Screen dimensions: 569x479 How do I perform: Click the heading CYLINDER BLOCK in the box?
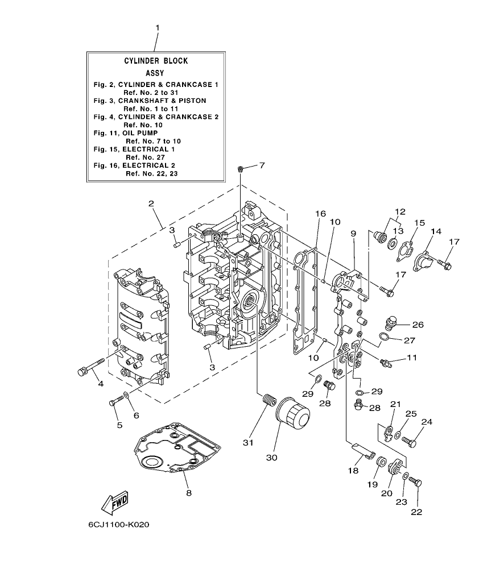[x=156, y=61]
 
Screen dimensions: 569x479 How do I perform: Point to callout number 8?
[x=188, y=493]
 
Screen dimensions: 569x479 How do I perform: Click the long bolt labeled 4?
[x=89, y=368]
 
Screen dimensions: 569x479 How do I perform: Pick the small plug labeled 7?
[x=241, y=169]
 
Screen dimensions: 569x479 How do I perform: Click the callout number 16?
[x=320, y=214]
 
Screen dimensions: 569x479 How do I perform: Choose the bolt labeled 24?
[x=411, y=439]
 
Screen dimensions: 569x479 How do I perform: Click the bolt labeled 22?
[x=416, y=483]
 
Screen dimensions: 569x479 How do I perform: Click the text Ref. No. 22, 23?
[x=151, y=173]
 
